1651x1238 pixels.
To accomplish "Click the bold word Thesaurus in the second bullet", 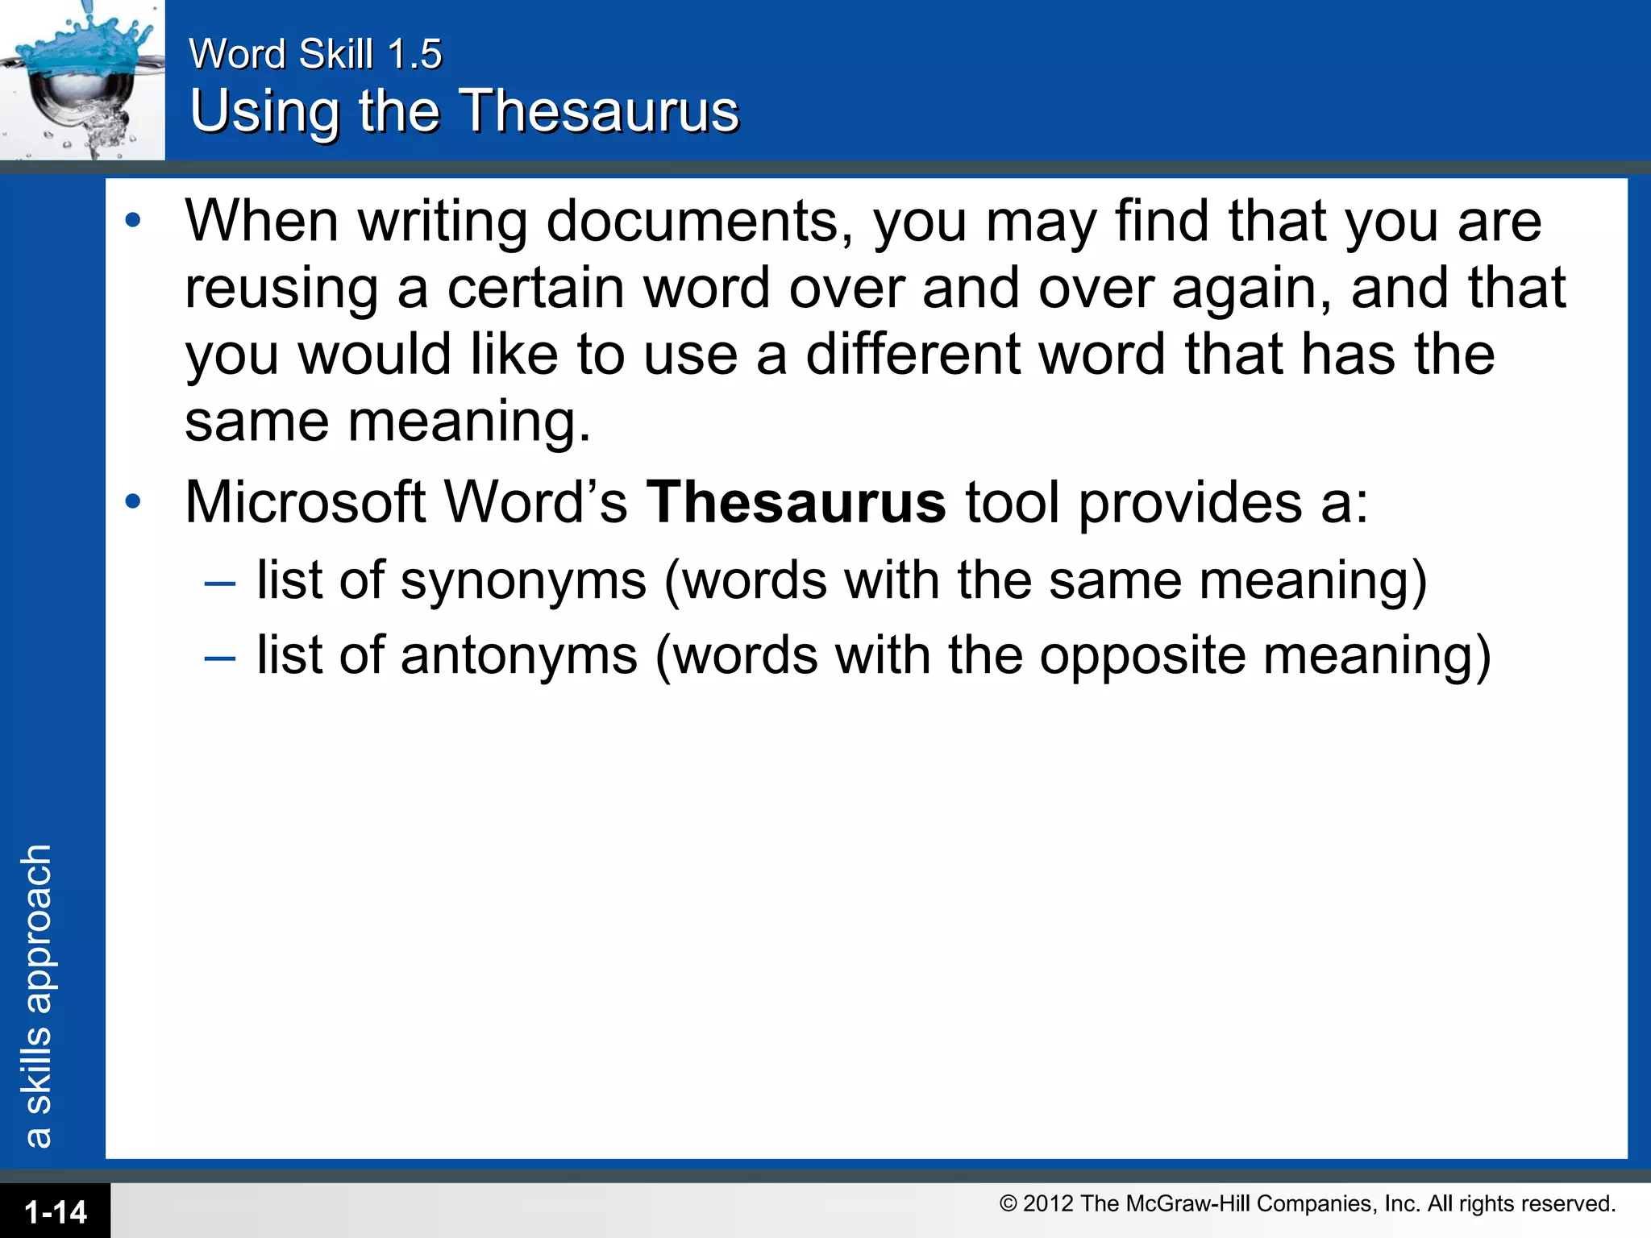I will click(x=796, y=503).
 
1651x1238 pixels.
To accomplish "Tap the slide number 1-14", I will click(x=56, y=1212).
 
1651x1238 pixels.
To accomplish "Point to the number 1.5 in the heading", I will click(x=414, y=55).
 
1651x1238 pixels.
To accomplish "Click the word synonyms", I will click(x=523, y=580).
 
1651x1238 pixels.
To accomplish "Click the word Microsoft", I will click(x=306, y=503).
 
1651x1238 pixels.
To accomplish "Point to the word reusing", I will click(x=281, y=289).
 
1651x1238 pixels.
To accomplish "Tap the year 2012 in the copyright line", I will click(x=1048, y=1203).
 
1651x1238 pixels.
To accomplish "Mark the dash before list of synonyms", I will click(x=220, y=582).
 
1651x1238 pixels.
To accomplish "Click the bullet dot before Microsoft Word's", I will click(x=133, y=502).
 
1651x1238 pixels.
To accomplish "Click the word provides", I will click(x=1190, y=503).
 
